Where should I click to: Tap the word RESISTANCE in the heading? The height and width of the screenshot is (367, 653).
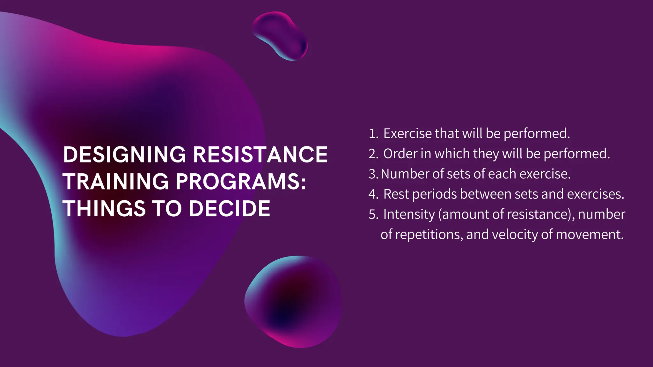click(x=260, y=155)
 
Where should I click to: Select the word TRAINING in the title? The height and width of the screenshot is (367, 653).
click(x=115, y=182)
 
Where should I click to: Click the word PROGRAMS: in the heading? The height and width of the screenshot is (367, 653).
click(x=241, y=182)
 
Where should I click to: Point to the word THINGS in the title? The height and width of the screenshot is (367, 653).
click(x=104, y=209)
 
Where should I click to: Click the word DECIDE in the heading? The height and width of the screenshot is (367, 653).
click(x=229, y=209)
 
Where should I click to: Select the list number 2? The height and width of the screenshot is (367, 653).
click(x=373, y=154)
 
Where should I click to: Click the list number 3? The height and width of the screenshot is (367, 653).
click(x=373, y=174)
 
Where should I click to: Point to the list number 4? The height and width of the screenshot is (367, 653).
click(x=373, y=194)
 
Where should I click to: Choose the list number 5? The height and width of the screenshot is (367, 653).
click(x=373, y=214)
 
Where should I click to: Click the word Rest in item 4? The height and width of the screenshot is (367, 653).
click(x=396, y=194)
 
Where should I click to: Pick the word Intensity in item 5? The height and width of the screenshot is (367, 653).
click(x=409, y=214)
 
